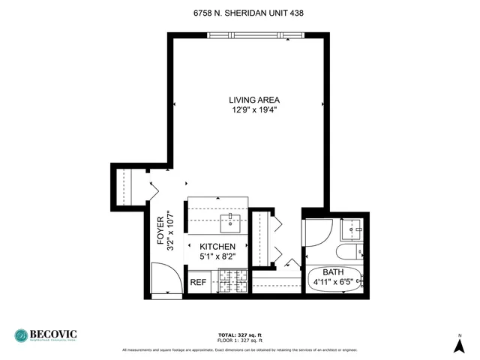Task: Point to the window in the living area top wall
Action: (x=256, y=34)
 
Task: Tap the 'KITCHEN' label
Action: (x=217, y=247)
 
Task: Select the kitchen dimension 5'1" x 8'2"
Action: (x=217, y=257)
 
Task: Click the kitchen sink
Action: (x=229, y=220)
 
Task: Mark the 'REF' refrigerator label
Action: (x=198, y=283)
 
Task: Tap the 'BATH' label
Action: (x=334, y=272)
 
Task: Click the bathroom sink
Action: (x=352, y=229)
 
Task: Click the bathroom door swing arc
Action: (x=318, y=234)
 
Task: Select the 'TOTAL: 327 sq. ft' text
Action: (x=240, y=335)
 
